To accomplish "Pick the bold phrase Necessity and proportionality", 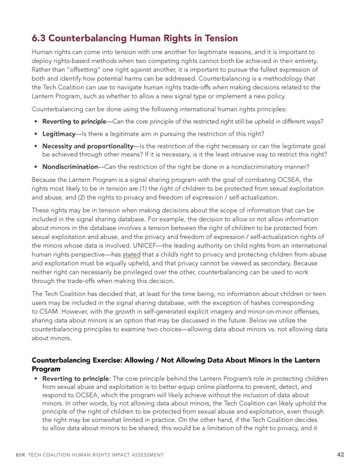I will [x=88, y=146].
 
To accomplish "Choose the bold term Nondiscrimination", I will [x=69, y=166].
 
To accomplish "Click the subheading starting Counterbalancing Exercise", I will [x=174, y=360].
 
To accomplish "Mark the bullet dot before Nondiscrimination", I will [x=37, y=166].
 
